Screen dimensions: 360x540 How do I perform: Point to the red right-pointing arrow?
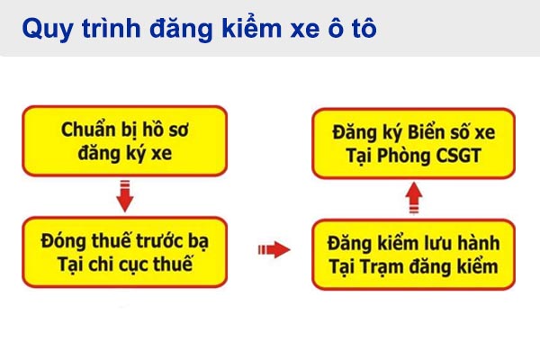coord(274,249)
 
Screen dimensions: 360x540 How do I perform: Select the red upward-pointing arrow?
coord(411,197)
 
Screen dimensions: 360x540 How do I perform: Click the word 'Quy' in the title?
coord(42,29)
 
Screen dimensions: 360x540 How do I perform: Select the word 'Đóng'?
coord(63,241)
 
